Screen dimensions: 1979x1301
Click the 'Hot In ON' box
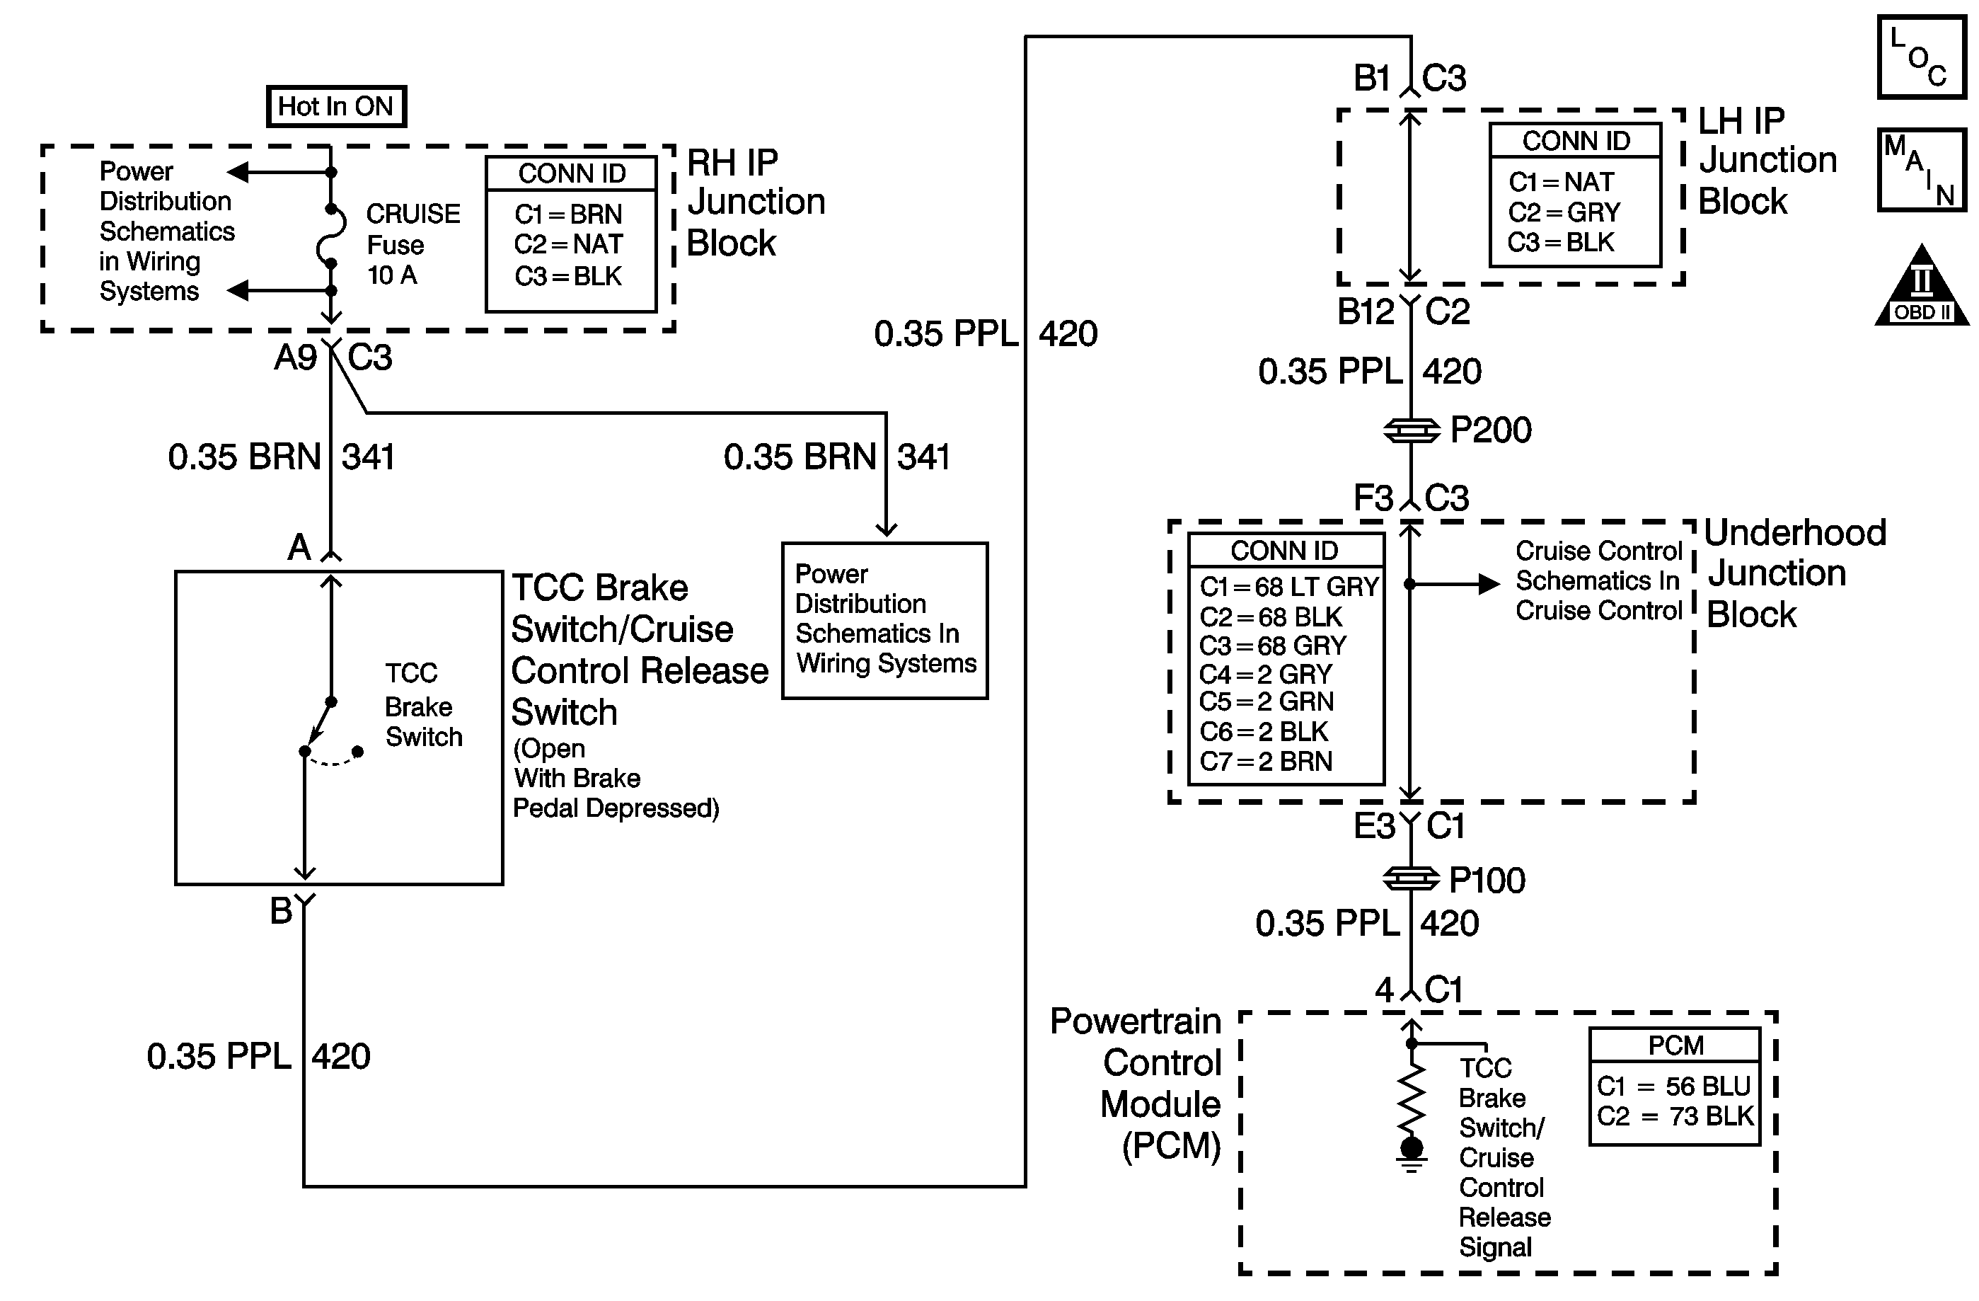[x=336, y=106]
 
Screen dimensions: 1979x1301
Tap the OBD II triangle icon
[x=1922, y=285]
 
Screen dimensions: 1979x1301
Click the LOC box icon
[x=1922, y=57]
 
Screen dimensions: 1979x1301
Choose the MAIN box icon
[x=1922, y=170]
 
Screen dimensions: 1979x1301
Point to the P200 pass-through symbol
[x=1411, y=431]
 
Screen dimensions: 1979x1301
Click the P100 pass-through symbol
[x=1411, y=878]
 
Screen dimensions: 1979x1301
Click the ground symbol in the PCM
[x=1411, y=1154]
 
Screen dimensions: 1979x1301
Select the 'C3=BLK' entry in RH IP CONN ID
[x=568, y=276]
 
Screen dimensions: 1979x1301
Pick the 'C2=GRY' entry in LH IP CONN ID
[x=1564, y=212]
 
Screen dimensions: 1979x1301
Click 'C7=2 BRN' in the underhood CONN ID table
[x=1266, y=761]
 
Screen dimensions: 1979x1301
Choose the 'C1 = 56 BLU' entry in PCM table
[x=1674, y=1086]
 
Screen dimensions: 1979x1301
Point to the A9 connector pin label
[x=296, y=357]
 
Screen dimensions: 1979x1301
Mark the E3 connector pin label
[x=1375, y=826]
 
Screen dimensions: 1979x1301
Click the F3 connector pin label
[x=1373, y=498]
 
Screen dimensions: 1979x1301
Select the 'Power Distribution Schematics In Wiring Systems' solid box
[x=884, y=621]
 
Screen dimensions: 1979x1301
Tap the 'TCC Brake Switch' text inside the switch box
[x=423, y=704]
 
